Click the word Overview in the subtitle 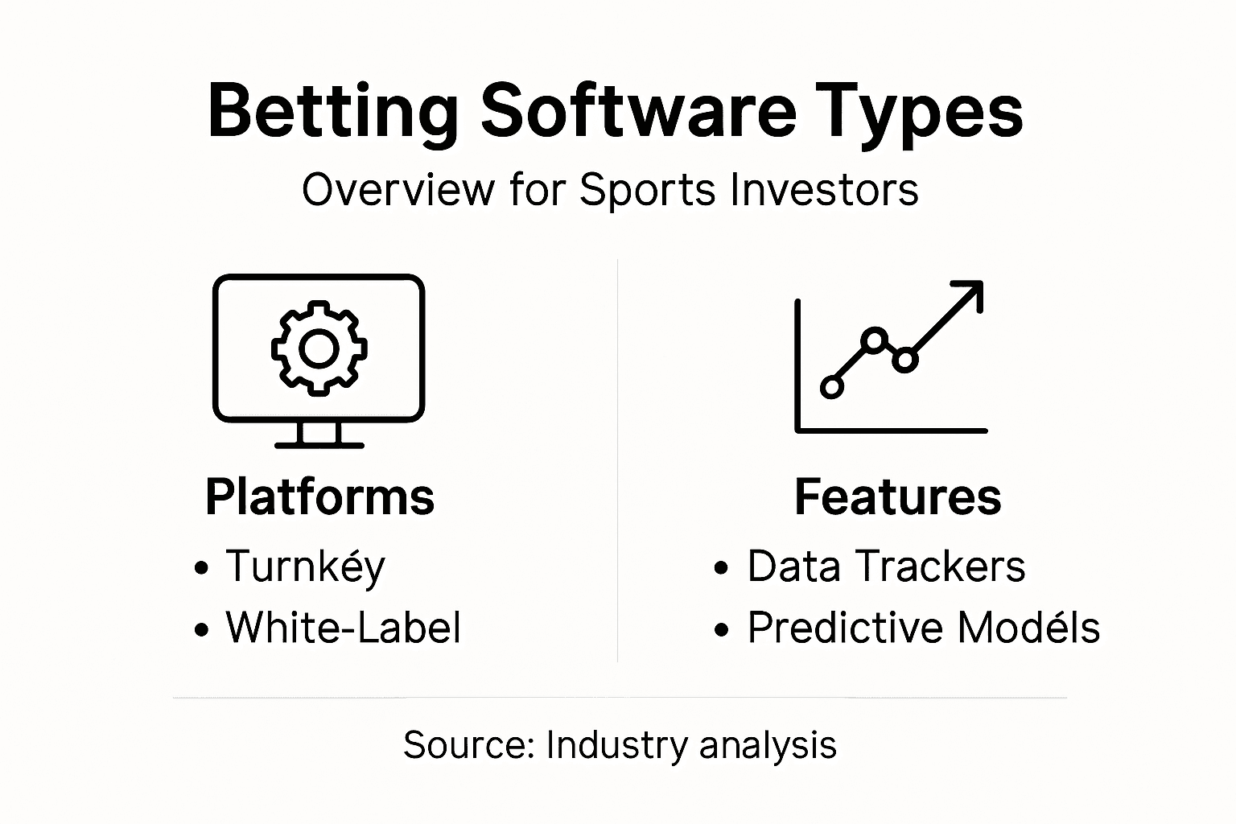(398, 192)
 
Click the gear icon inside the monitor (319, 348)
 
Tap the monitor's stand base (319, 443)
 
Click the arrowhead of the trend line (972, 292)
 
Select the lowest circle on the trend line (832, 387)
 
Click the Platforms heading (319, 496)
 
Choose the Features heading (897, 496)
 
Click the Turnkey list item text (306, 566)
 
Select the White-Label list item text (344, 628)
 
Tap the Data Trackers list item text (886, 566)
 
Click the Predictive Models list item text (923, 628)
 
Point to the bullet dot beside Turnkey (201, 568)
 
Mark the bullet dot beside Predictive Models (721, 629)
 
